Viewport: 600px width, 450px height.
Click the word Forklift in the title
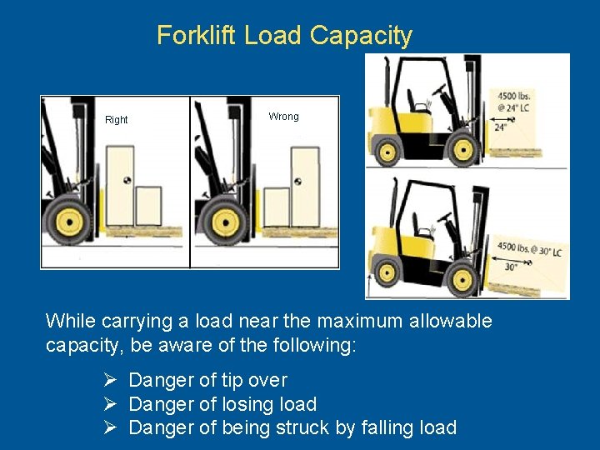[x=197, y=35]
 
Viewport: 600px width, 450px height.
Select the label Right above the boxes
[x=117, y=120]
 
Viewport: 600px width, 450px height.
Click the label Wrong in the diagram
[x=283, y=117]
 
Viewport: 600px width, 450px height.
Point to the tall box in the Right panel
[x=120, y=186]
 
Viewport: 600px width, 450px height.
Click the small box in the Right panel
[x=148, y=206]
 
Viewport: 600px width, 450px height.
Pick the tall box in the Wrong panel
[x=305, y=187]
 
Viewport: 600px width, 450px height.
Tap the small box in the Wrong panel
[x=277, y=207]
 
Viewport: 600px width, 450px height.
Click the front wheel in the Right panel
[x=69, y=221]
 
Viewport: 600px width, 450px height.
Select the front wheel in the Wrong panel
[x=226, y=222]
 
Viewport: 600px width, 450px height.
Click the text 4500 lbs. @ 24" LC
[x=513, y=102]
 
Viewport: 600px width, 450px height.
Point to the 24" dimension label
[x=500, y=127]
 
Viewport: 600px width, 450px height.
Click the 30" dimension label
[x=511, y=267]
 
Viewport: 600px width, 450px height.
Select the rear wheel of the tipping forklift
[x=386, y=272]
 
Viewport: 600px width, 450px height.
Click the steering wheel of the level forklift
[x=439, y=89]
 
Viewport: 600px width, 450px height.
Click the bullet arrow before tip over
[x=110, y=380]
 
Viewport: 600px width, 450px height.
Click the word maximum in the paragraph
[x=360, y=321]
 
